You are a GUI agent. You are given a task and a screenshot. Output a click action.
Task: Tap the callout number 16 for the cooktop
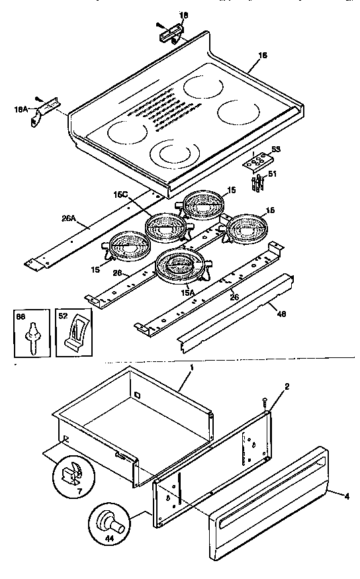(x=263, y=57)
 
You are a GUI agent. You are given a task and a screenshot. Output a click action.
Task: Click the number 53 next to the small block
(x=276, y=150)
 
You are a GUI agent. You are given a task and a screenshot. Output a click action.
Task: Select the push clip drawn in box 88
(x=30, y=337)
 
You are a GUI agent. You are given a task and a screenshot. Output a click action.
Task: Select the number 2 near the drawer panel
(x=287, y=386)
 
